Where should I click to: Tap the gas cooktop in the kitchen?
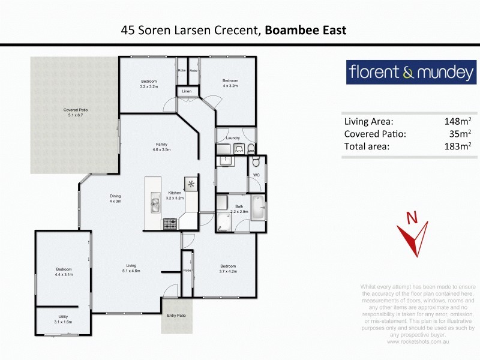170,223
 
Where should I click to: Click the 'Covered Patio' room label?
76,110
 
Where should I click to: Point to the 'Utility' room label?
62,316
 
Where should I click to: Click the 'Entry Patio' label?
176,315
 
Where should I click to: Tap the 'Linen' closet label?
187,91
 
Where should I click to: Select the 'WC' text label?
256,176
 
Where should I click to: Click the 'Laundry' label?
233,138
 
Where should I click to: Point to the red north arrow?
413,238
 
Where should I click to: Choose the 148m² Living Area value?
457,121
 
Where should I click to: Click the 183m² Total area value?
457,146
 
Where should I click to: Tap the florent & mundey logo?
411,73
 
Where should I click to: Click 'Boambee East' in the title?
306,30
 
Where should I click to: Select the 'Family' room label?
161,145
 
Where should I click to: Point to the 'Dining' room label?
115,196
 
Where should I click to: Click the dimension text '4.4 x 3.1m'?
64,274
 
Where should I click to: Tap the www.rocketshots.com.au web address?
418,341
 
